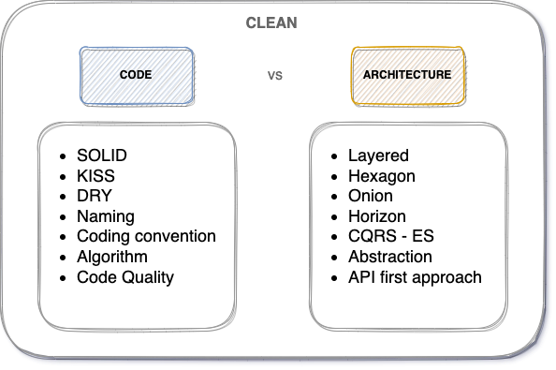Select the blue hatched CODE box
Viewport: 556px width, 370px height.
136,75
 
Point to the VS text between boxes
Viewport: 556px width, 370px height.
275,75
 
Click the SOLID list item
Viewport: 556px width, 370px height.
102,155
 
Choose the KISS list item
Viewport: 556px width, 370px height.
95,175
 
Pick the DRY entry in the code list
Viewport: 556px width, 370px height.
94,196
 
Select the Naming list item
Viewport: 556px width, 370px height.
105,216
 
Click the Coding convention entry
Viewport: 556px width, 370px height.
146,236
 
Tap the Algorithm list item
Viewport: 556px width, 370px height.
112,257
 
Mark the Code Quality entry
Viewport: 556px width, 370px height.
125,277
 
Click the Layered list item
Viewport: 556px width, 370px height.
378,155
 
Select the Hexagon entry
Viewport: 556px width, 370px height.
381,175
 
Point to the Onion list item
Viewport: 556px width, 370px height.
371,196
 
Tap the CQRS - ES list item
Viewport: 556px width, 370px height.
390,236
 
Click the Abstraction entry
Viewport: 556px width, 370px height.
389,257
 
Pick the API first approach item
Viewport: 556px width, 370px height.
415,277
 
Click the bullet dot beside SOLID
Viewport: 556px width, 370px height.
62,155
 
